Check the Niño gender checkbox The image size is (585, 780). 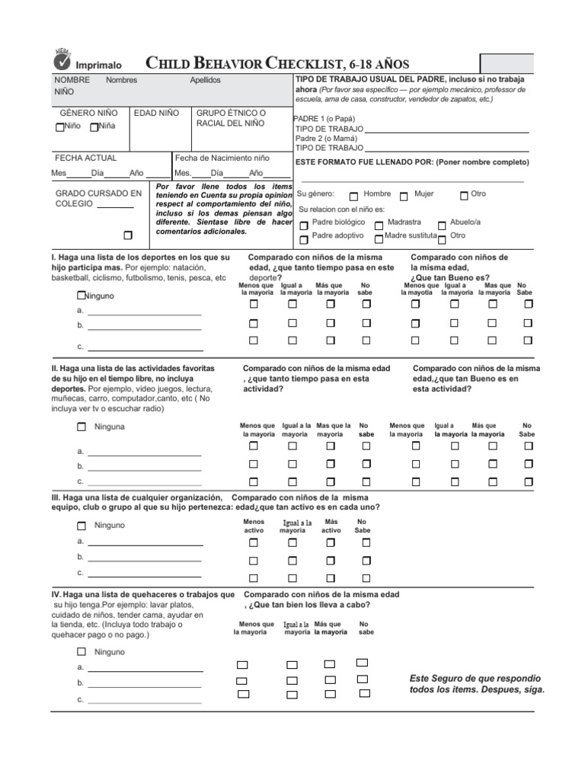pyautogui.click(x=59, y=127)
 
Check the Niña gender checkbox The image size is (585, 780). pyautogui.click(x=94, y=127)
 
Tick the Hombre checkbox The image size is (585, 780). pyautogui.click(x=353, y=195)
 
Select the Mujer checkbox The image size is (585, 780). pyautogui.click(x=404, y=195)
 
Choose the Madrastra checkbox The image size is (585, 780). pyautogui.click(x=379, y=224)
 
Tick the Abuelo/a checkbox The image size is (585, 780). pyautogui.click(x=443, y=224)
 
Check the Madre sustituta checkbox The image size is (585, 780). pyautogui.click(x=379, y=238)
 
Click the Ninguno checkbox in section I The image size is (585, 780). pyautogui.click(x=81, y=295)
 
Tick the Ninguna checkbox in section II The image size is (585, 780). pyautogui.click(x=82, y=427)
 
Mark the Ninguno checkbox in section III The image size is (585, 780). pyautogui.click(x=82, y=526)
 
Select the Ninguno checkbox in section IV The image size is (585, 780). pyautogui.click(x=82, y=652)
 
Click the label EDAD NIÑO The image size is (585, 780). pyautogui.click(x=156, y=113)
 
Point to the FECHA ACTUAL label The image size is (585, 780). pyautogui.click(x=85, y=158)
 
